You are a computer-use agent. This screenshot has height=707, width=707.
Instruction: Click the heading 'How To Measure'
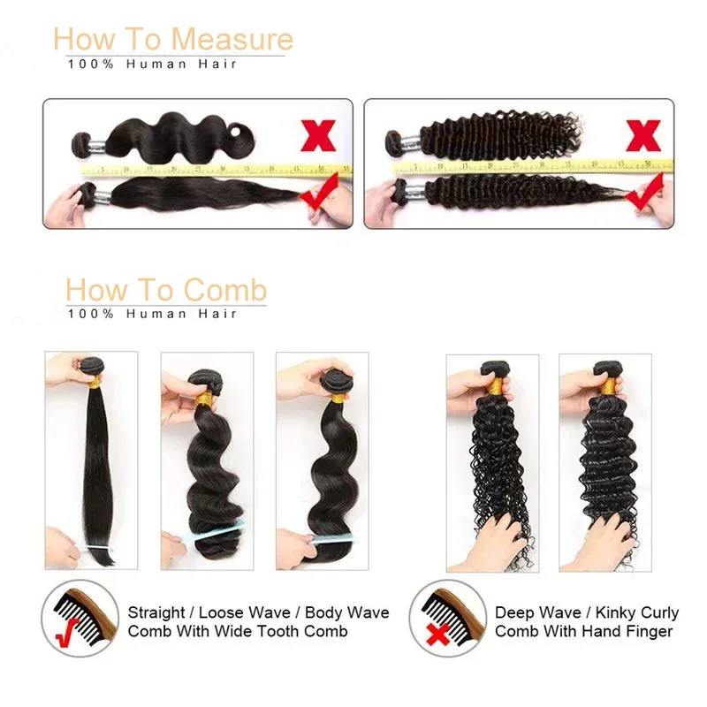172,40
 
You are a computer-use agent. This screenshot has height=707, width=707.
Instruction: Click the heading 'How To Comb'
165,290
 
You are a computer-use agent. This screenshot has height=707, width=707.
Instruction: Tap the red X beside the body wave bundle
319,135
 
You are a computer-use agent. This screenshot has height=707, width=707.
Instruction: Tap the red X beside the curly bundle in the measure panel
642,135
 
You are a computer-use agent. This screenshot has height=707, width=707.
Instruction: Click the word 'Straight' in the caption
156,612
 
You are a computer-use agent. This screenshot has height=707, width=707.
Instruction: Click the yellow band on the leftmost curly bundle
492,386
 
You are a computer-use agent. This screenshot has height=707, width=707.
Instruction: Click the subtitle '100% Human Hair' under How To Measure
151,64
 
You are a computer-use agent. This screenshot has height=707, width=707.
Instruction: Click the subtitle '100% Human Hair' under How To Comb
151,314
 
